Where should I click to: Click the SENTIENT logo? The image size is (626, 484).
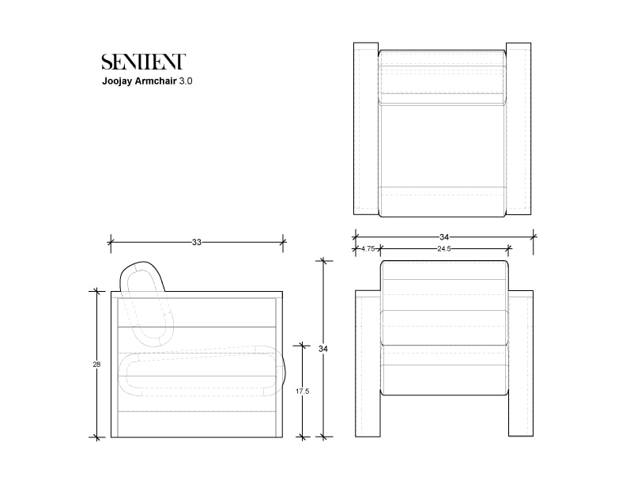[x=143, y=62]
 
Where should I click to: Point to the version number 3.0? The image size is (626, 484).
[x=186, y=81]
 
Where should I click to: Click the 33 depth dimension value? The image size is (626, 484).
[x=196, y=242]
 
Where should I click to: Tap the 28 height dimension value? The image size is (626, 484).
[x=97, y=365]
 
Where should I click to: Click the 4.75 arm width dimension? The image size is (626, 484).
[x=368, y=249]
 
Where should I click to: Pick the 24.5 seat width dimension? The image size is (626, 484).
[x=443, y=249]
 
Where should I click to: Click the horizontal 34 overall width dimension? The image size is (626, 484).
[x=443, y=236]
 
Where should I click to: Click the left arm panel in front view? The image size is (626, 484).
[x=368, y=364]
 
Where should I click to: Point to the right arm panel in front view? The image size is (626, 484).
[x=522, y=364]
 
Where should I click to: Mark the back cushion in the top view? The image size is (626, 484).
[x=442, y=79]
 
